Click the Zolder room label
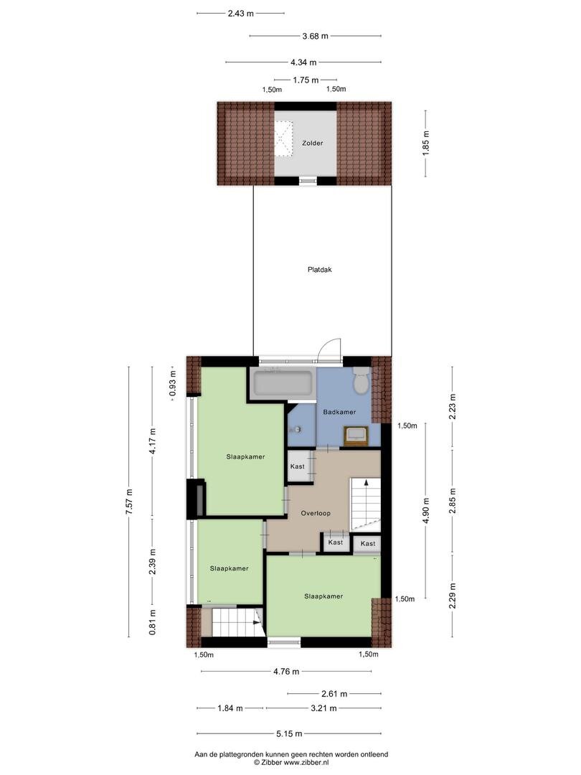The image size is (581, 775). pyautogui.click(x=313, y=144)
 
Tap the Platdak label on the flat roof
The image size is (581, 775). pyautogui.click(x=320, y=270)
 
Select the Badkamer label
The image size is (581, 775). pyautogui.click(x=339, y=412)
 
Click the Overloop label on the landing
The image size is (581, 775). pyautogui.click(x=316, y=513)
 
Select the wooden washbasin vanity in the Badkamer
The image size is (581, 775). pyautogui.click(x=356, y=436)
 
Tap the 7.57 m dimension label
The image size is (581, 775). pyautogui.click(x=129, y=502)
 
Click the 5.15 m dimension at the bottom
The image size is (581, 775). pyautogui.click(x=289, y=733)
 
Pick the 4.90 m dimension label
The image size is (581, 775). pyautogui.click(x=426, y=510)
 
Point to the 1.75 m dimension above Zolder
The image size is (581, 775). pyautogui.click(x=306, y=80)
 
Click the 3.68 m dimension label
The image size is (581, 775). pyautogui.click(x=315, y=36)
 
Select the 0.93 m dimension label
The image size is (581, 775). pyautogui.click(x=172, y=384)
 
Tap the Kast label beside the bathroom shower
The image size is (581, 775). pyautogui.click(x=298, y=466)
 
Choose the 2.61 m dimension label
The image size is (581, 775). pyautogui.click(x=334, y=694)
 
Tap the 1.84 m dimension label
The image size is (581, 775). pyautogui.click(x=230, y=708)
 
